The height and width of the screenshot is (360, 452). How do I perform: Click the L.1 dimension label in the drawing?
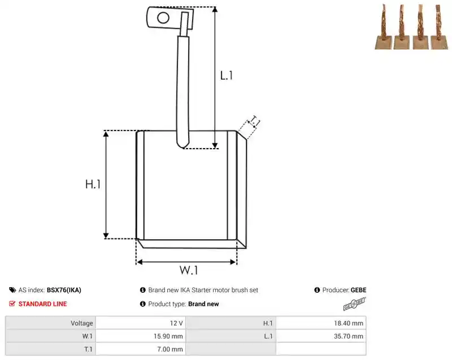pyautogui.click(x=227, y=76)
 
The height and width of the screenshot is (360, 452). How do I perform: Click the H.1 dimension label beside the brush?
pyautogui.click(x=93, y=184)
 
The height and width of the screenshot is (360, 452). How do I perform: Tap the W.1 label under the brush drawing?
pyautogui.click(x=189, y=270)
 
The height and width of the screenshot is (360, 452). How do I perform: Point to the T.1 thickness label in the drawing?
pyautogui.click(x=255, y=121)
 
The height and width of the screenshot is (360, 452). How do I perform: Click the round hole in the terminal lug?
pyautogui.click(x=163, y=18)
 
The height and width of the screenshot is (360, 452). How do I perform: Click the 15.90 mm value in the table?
pyautogui.click(x=168, y=336)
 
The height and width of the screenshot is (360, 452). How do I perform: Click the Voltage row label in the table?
pyautogui.click(x=82, y=323)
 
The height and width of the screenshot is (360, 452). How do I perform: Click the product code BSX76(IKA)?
pyautogui.click(x=64, y=290)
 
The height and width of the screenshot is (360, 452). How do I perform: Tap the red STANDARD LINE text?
pyautogui.click(x=43, y=304)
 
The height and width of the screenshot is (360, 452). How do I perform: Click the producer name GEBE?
pyautogui.click(x=359, y=290)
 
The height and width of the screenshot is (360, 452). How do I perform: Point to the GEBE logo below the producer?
pyautogui.click(x=355, y=304)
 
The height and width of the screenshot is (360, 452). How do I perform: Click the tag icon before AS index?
pyautogui.click(x=12, y=290)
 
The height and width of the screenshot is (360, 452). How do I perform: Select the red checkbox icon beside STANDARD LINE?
pyautogui.click(x=12, y=303)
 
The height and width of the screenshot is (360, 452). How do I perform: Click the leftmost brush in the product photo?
pyautogui.click(x=384, y=27)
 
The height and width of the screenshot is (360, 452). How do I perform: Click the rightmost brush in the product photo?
pyautogui.click(x=440, y=27)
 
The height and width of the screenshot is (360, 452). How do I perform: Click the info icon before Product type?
pyautogui.click(x=143, y=304)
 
